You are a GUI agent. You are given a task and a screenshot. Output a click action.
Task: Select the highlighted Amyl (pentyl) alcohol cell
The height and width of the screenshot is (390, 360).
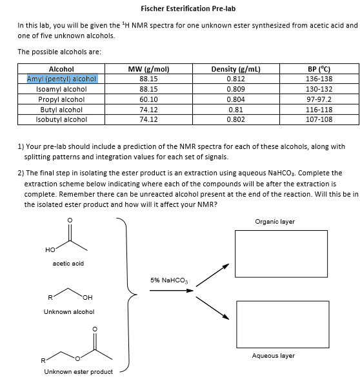(62, 79)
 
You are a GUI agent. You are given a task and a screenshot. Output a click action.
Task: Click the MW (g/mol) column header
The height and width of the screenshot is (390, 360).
(148, 69)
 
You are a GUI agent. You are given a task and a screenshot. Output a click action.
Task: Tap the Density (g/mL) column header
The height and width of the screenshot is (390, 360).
(235, 69)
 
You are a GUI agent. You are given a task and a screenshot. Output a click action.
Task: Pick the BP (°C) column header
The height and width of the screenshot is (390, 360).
(323, 69)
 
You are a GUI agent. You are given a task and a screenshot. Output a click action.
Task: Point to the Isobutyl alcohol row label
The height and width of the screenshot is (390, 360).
(62, 119)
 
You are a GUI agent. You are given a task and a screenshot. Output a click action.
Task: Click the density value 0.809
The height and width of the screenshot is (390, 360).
(235, 89)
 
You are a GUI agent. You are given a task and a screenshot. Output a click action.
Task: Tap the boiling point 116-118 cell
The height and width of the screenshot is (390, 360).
(323, 110)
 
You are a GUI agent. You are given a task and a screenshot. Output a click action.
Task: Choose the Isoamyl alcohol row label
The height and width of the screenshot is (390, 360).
(62, 89)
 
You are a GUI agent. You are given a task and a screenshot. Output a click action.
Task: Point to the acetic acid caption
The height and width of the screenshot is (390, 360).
(68, 263)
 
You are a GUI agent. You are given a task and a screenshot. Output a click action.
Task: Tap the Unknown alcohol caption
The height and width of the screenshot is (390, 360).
(68, 311)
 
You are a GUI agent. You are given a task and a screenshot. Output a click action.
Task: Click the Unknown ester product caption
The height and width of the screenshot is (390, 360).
(78, 371)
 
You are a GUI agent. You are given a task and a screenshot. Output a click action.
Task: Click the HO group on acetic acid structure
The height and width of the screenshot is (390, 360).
(50, 249)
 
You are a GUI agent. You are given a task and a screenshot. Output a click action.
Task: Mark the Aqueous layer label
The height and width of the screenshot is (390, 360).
(274, 355)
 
